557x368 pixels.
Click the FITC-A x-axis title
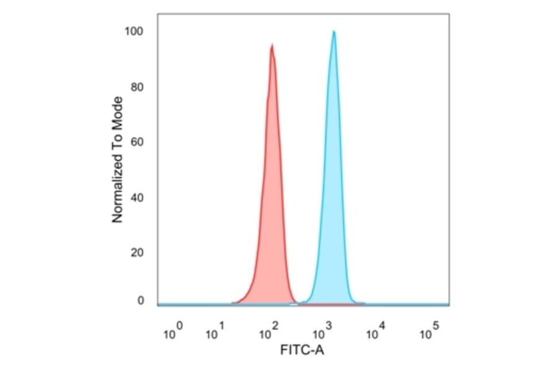(x=302, y=351)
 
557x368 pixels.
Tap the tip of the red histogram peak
(x=272, y=45)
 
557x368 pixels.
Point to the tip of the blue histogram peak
(x=334, y=31)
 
